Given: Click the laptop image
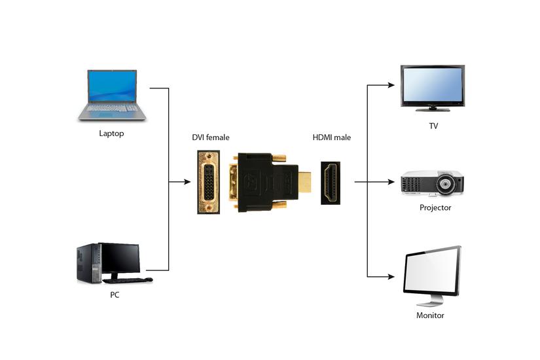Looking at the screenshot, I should tap(112, 94).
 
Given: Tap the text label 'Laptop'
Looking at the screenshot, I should tap(111, 134).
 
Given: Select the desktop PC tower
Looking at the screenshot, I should tap(88, 262).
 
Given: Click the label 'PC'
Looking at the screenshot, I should tap(115, 295).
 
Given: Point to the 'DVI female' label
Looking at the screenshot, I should tap(210, 137).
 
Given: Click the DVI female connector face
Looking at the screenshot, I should tap(208, 182).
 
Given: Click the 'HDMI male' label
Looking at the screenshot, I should tap(332, 137).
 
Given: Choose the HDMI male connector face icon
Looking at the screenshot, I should tap(330, 183).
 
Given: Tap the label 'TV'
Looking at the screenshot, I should tap(433, 126).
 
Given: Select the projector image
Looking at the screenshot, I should tap(432, 183).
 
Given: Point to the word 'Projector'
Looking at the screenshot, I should tap(435, 207).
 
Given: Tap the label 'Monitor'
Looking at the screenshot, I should tap(430, 315).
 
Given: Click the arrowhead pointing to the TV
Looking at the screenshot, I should tap(391, 85).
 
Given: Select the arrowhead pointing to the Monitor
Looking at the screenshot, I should tap(391, 277).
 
